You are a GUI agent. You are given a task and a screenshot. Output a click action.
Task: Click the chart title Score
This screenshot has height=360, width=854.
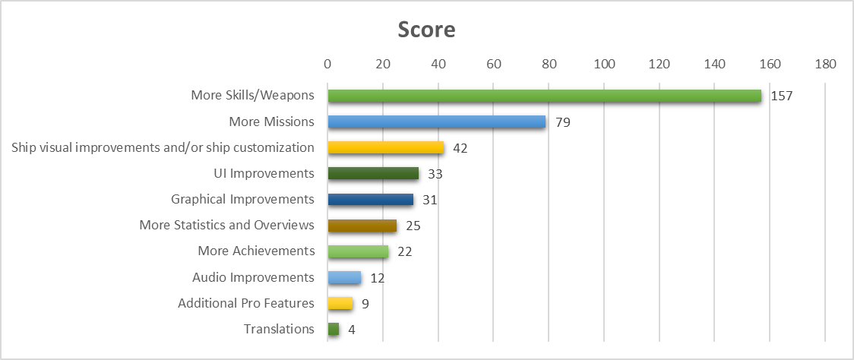coord(427,30)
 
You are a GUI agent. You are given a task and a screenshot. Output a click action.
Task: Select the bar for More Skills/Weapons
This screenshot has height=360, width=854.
coord(544,96)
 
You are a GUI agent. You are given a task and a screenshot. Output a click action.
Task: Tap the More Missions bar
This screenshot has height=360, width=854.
coord(436,122)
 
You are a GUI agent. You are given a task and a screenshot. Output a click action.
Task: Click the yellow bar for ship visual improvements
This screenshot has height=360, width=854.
coord(385,147)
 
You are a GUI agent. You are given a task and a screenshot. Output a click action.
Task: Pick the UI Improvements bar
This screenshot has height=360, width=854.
coord(373,173)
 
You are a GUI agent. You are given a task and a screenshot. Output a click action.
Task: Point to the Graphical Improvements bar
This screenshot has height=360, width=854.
coord(370,200)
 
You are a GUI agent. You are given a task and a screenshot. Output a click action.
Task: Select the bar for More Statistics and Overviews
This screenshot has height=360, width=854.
coord(362,226)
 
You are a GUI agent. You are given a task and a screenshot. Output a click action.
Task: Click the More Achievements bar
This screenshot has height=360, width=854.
coord(358,251)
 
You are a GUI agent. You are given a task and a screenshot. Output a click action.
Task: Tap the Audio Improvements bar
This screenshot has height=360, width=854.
coord(344,277)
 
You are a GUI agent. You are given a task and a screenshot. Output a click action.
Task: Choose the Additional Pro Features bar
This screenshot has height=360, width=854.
coord(340,304)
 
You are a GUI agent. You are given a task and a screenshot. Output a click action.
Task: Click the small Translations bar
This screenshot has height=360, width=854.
coord(333,330)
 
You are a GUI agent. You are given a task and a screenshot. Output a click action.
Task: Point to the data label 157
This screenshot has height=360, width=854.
coord(780,96)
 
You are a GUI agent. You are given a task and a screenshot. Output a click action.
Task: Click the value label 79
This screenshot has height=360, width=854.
coord(562,122)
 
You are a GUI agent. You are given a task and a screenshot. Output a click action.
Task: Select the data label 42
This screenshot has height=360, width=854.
coord(460,148)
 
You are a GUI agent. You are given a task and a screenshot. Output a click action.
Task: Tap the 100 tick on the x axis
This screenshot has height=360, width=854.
coord(604,65)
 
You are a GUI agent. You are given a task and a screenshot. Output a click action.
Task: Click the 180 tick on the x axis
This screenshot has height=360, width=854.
coord(825,65)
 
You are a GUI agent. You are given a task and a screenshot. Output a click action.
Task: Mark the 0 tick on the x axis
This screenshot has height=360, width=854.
coord(327,65)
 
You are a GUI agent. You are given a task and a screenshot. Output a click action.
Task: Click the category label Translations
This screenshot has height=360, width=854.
coord(279,330)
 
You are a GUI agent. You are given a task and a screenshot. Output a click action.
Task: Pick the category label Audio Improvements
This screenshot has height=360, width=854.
coord(253,277)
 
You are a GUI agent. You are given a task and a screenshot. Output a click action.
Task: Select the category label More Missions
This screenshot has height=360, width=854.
coord(271,122)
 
